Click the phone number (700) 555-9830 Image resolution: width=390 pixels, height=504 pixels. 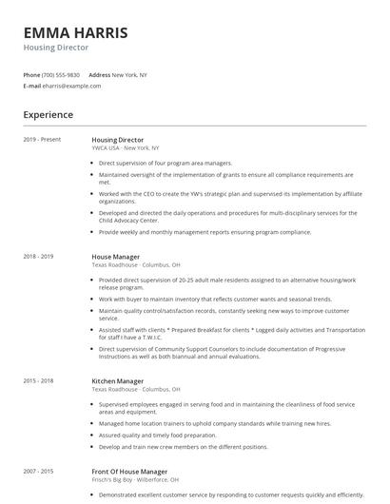coord(61,75)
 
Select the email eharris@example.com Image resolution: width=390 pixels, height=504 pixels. coord(71,86)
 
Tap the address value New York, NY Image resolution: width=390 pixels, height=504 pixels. coord(129,75)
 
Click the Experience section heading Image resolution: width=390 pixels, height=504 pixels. coord(49,115)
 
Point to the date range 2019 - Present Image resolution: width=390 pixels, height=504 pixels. coord(42,140)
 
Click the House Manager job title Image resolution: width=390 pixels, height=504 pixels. coord(115,257)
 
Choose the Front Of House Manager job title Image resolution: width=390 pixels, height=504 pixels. coord(129,472)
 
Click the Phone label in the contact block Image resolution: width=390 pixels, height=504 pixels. coord(31,75)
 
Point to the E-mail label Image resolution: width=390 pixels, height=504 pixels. coord(31,86)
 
